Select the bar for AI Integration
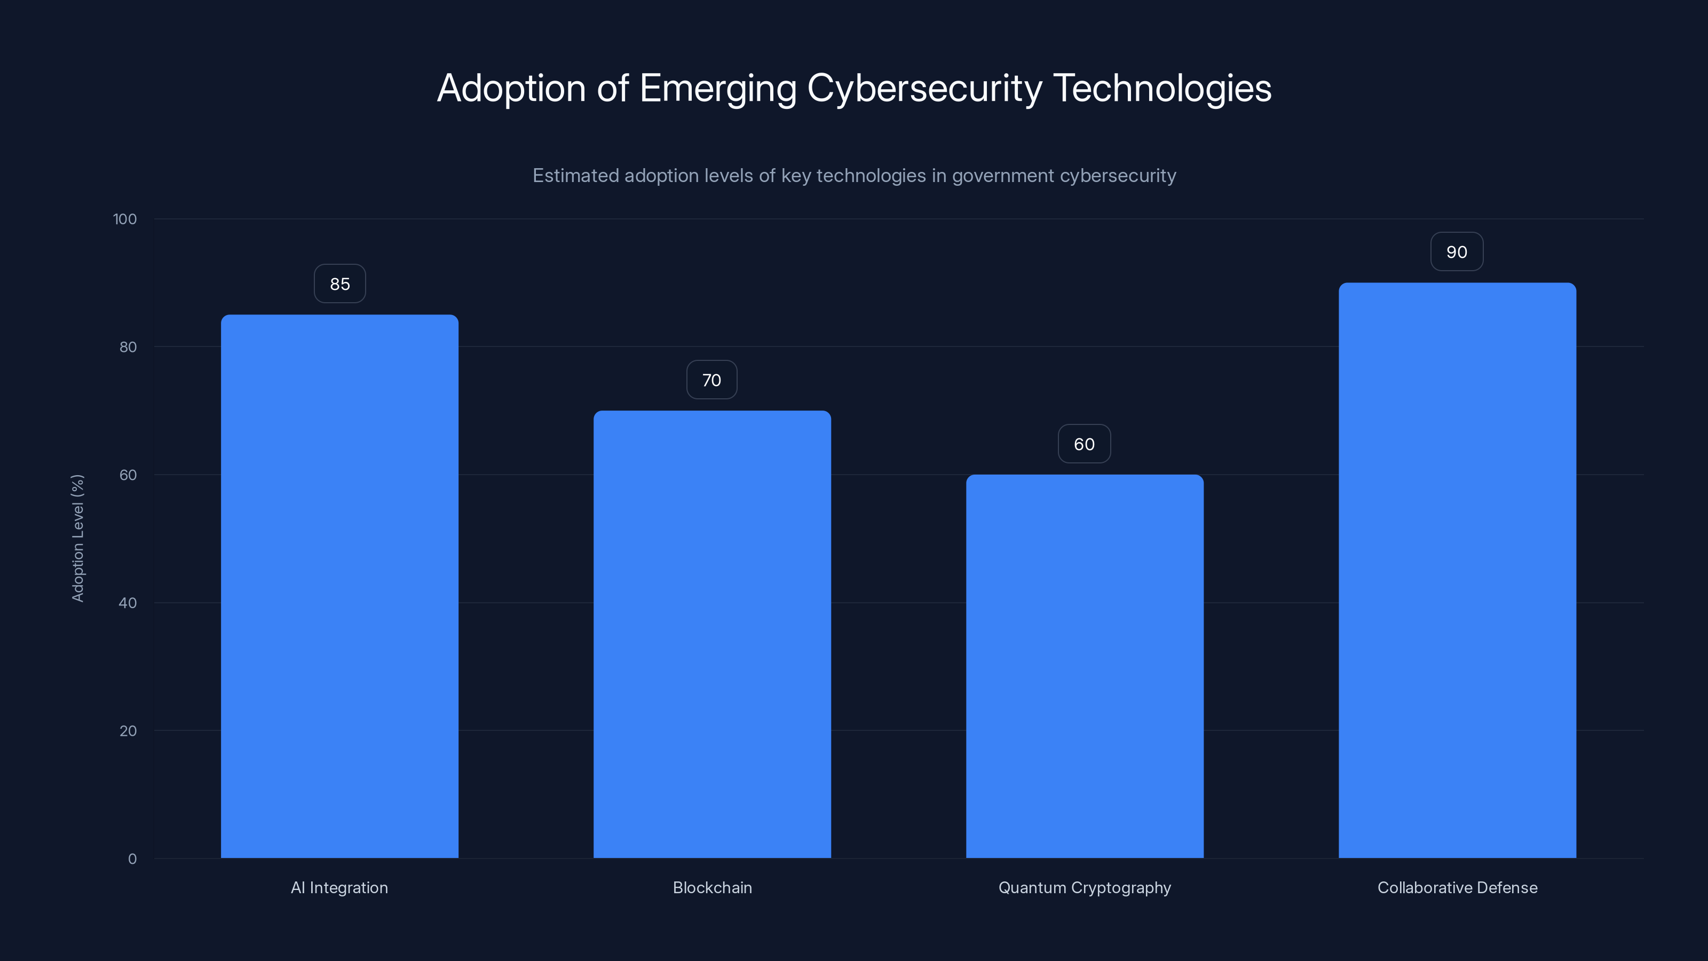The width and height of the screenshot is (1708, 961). (339, 586)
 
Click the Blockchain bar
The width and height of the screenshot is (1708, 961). (712, 634)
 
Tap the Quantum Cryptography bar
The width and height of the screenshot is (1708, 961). (1085, 666)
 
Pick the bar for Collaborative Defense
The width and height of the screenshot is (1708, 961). (1457, 570)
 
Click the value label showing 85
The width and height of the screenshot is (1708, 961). (339, 284)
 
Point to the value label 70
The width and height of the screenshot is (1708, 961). (711, 380)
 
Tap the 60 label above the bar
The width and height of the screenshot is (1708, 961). (1084, 444)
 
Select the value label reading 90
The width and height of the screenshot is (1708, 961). (1457, 252)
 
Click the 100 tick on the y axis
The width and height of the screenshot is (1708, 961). (125, 219)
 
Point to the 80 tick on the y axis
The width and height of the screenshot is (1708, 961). (128, 347)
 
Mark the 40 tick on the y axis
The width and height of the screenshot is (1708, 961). (128, 603)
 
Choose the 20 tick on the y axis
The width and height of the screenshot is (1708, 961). (128, 731)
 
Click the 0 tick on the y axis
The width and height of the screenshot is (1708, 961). (132, 859)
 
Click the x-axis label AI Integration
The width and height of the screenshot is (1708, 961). (339, 887)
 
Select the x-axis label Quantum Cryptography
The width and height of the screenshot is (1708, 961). (1085, 887)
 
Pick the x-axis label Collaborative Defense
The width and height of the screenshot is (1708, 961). (1457, 887)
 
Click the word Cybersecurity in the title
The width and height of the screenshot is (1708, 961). (924, 88)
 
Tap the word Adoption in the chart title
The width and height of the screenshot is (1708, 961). (511, 88)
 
